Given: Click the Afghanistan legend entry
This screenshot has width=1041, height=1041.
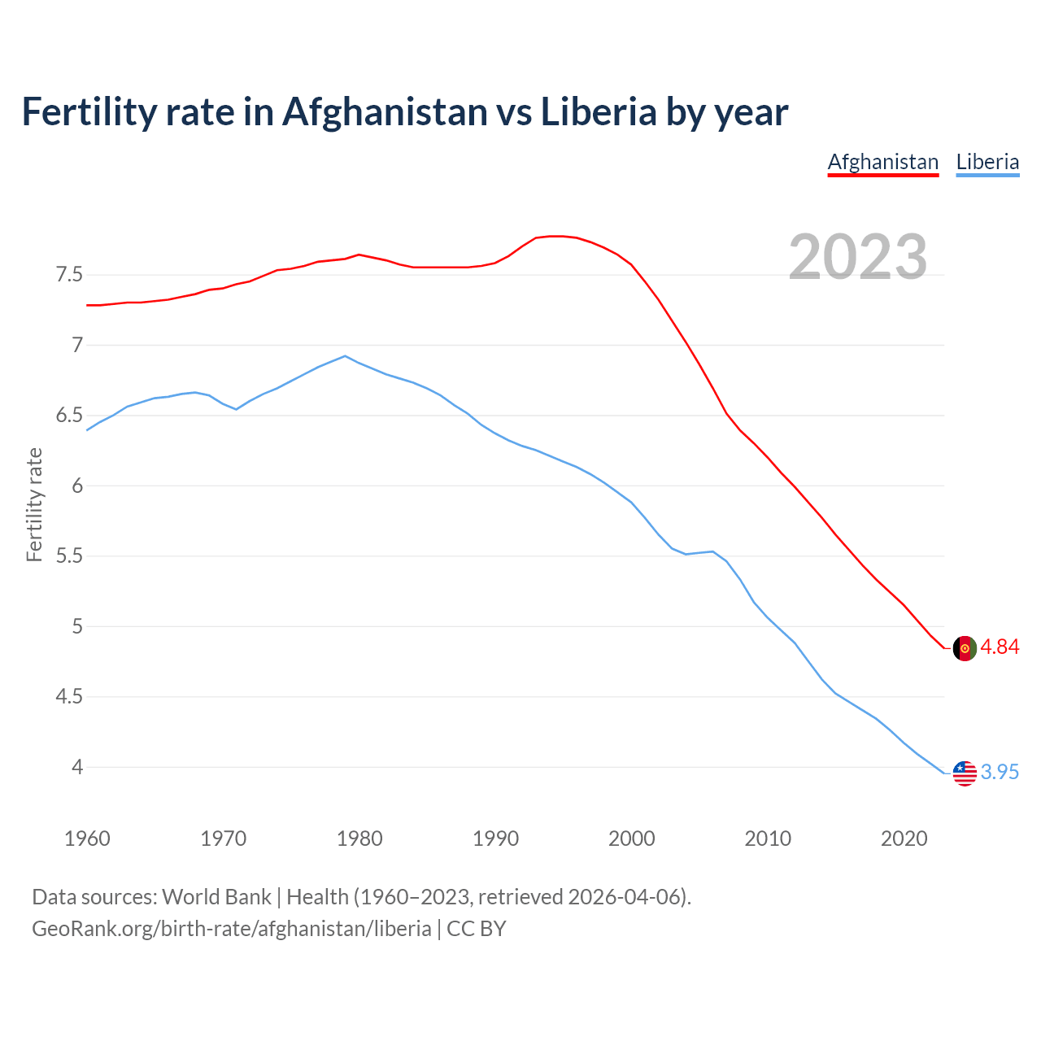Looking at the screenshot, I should point(882,162).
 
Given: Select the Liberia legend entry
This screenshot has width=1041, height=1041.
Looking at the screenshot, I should point(987,162).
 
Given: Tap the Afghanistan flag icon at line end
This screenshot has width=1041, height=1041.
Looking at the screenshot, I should point(964,648).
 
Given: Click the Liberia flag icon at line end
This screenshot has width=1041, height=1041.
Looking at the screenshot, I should point(964,773).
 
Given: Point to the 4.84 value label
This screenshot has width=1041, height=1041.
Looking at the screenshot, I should point(1000,647).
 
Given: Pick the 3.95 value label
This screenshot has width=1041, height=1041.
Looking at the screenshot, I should point(1000,773).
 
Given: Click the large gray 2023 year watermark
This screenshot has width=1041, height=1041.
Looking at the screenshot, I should point(858,257).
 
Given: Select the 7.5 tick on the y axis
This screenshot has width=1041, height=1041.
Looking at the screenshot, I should point(69,275).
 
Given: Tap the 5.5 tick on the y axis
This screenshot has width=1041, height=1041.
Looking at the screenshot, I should point(69,556).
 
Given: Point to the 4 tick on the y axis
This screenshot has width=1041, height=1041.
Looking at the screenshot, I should point(76,767).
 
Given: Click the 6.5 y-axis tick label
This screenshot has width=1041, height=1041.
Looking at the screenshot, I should point(69,416).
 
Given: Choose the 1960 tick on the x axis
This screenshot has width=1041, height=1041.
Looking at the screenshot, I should point(87,838).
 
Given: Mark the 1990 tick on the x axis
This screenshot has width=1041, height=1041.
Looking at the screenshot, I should point(495,838).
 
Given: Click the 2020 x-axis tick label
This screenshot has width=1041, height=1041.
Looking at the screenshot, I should point(904,838).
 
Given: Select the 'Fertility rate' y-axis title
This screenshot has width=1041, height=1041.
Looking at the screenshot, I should point(34,504).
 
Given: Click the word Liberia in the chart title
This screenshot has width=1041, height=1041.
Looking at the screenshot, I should point(598,111).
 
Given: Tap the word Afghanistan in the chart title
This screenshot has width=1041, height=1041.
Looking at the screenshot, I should point(384,111).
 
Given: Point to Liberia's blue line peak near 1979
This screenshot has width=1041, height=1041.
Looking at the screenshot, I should point(346,355).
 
